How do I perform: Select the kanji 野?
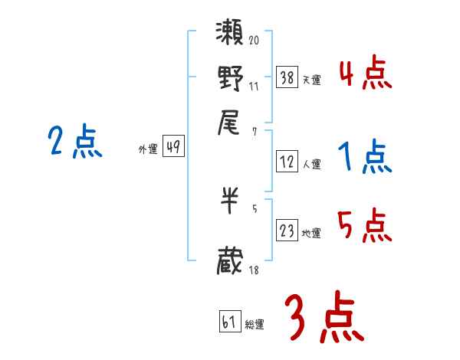[x=231, y=78]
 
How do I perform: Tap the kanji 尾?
[x=231, y=122]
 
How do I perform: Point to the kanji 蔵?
[x=231, y=260]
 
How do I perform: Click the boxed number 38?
[x=287, y=77]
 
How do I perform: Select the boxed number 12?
[x=287, y=162]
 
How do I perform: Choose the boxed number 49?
[x=174, y=148]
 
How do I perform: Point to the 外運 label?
[x=147, y=149]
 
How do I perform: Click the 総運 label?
[x=255, y=325]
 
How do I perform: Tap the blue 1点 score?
[x=365, y=158]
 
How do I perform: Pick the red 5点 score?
[x=365, y=226]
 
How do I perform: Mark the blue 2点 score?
[x=74, y=142]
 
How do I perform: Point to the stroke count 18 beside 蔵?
[x=254, y=270]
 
